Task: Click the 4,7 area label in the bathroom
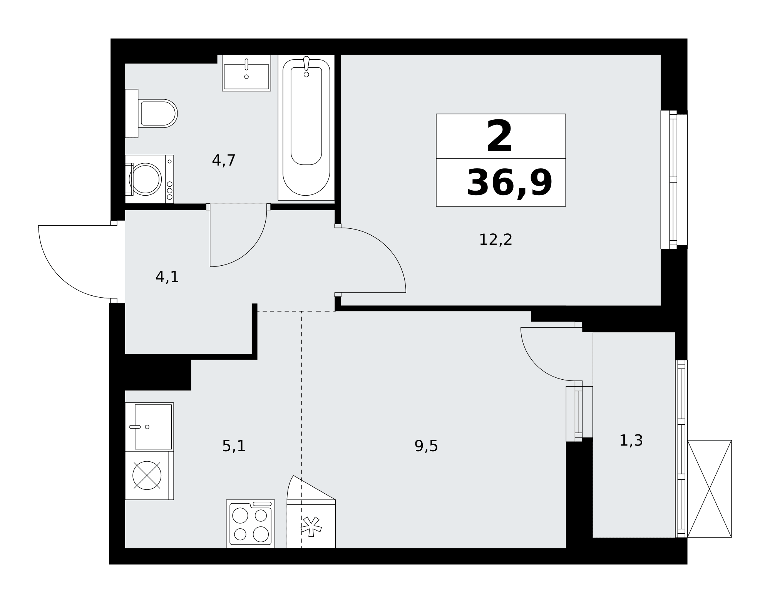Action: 224,160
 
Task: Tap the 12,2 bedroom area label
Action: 495,240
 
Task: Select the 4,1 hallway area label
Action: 167,277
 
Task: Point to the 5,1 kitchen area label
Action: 234,446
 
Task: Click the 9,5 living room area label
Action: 426,446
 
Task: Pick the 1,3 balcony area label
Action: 631,441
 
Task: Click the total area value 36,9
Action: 509,183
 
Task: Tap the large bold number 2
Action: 499,136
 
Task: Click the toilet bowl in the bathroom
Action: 158,114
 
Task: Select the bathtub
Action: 306,127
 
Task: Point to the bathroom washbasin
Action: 246,73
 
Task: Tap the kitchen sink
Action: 149,427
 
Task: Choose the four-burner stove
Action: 251,524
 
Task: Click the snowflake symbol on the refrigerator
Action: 311,526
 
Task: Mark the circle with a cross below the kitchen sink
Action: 147,476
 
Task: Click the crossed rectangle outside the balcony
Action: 709,489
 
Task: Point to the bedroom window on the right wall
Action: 674,180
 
